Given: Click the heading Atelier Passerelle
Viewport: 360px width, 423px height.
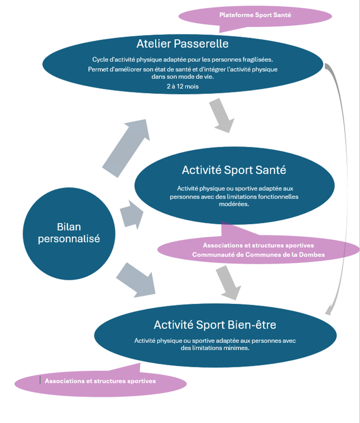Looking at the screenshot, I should (x=182, y=44).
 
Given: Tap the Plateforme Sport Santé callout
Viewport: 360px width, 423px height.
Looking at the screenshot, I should (x=255, y=15).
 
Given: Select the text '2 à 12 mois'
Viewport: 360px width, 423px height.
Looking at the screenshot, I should (x=182, y=86).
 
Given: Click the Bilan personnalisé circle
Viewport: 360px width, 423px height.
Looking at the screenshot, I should (x=69, y=233).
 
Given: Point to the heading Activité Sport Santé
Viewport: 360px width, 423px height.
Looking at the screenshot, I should (x=234, y=170).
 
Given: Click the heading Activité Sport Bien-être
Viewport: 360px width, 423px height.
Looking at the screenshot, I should (x=215, y=325).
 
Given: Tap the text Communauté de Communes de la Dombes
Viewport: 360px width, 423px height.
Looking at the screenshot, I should (x=259, y=255).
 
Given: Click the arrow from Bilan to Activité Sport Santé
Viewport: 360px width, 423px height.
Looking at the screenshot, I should (x=130, y=215).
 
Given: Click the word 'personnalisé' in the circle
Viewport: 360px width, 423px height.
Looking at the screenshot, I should (x=69, y=239).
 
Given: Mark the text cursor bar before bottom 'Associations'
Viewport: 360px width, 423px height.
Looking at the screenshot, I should (x=40, y=380).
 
